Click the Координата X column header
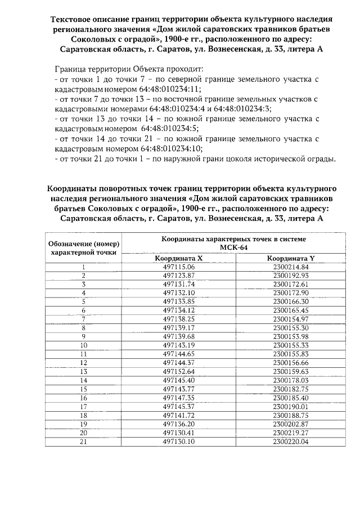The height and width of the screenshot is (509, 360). (x=178, y=258)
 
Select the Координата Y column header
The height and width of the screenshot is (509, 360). (x=290, y=258)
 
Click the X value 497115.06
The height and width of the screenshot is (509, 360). (x=178, y=267)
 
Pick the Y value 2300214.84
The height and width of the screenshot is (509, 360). (x=291, y=267)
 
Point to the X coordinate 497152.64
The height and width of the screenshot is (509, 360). (x=178, y=372)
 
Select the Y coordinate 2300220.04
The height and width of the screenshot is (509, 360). (x=291, y=442)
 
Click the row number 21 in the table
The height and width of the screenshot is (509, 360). (x=84, y=442)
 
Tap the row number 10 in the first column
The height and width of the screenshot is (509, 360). (x=84, y=345)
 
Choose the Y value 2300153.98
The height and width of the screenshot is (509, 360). (x=291, y=336)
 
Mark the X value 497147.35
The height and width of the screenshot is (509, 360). (x=178, y=398)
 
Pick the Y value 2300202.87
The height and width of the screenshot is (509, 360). (x=291, y=424)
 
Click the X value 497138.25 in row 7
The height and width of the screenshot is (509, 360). (x=178, y=319)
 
